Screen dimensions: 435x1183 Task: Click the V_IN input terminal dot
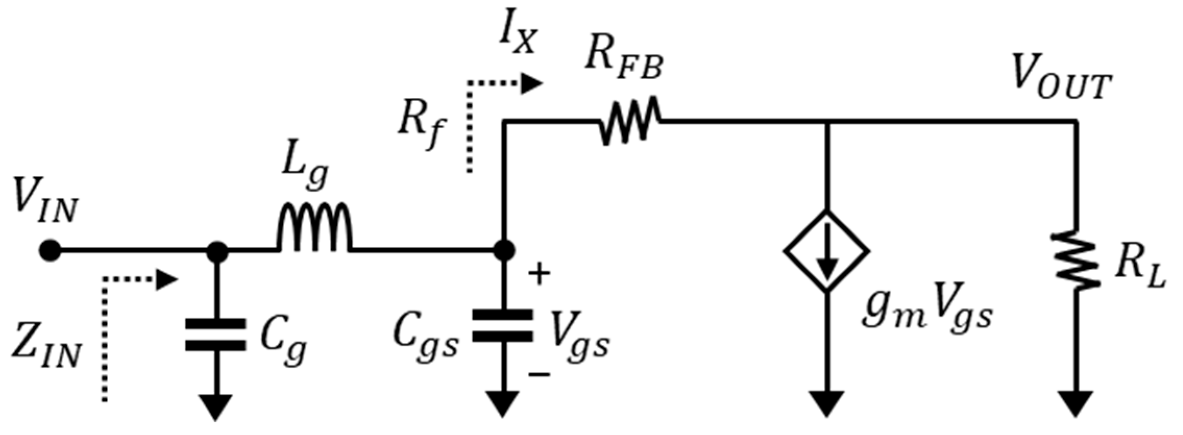click(50, 251)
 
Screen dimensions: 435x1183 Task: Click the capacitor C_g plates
click(216, 335)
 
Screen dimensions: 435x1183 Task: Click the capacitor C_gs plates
click(502, 326)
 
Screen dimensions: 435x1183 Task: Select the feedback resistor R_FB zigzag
click(629, 121)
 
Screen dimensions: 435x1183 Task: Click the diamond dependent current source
click(827, 251)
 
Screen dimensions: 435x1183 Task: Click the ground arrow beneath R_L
click(1076, 403)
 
